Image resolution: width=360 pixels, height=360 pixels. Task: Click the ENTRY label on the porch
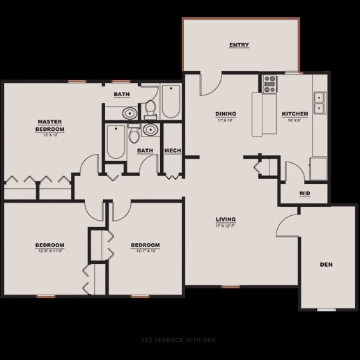pyautogui.click(x=239, y=45)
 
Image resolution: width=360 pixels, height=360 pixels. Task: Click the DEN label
pyautogui.click(x=325, y=265)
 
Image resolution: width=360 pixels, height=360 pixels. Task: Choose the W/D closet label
pyautogui.click(x=305, y=193)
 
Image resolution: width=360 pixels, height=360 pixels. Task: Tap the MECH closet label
pyautogui.click(x=172, y=150)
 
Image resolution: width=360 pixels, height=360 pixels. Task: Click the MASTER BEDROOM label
pyautogui.click(x=50, y=125)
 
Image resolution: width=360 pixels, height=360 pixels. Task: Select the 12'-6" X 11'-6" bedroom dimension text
pyautogui.click(x=50, y=251)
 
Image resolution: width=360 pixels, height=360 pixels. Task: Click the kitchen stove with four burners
pyautogui.click(x=269, y=84)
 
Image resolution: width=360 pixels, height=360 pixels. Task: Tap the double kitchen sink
pyautogui.click(x=320, y=103)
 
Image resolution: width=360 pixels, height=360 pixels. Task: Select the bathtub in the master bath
pyautogui.click(x=171, y=101)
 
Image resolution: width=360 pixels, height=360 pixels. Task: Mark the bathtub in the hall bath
pyautogui.click(x=116, y=142)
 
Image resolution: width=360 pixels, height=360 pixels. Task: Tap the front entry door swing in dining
pyautogui.click(x=210, y=84)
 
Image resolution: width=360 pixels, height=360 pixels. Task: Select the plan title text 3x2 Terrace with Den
pyautogui.click(x=180, y=339)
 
